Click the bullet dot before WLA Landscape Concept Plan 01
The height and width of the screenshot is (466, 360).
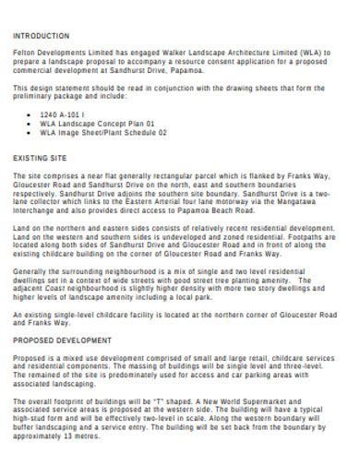pos(30,123)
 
